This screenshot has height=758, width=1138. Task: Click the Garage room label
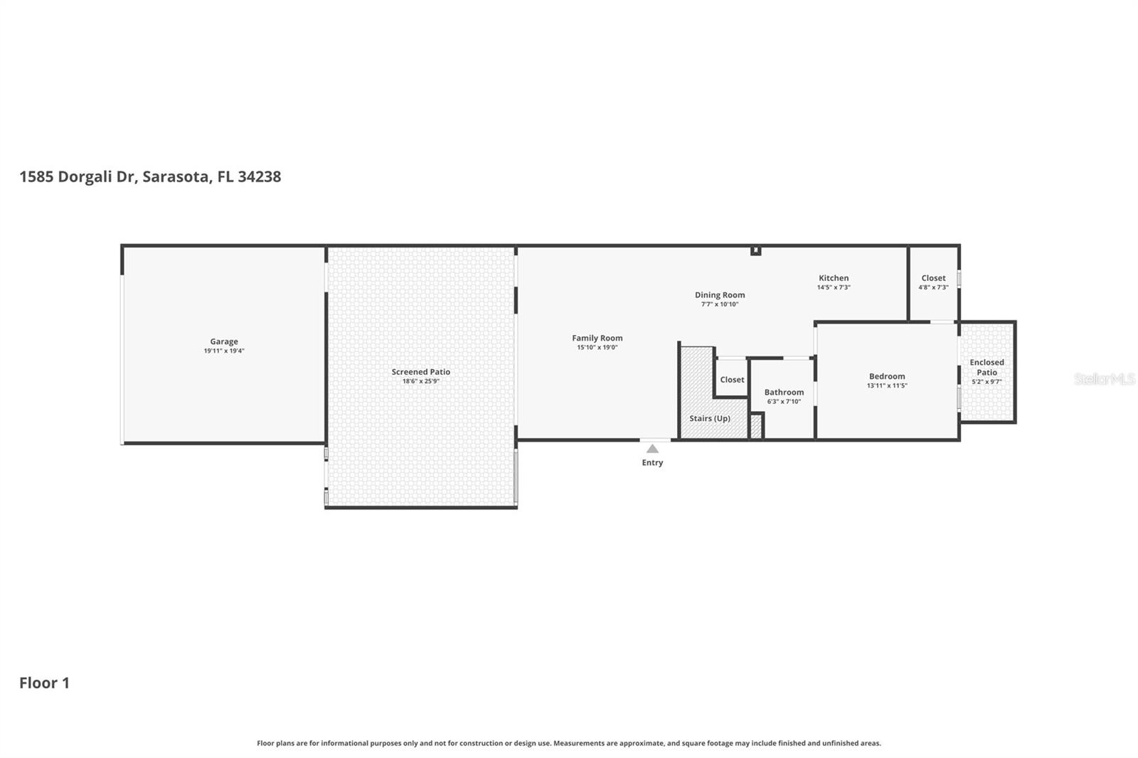tap(224, 341)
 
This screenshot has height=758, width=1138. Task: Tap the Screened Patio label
tap(420, 372)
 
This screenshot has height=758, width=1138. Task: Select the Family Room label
tap(597, 338)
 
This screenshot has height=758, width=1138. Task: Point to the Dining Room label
tap(720, 295)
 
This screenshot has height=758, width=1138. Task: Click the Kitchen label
tap(834, 278)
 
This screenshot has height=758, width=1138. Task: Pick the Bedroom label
tap(887, 376)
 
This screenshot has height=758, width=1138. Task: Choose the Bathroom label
tap(784, 393)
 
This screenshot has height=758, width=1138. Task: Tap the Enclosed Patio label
tap(987, 367)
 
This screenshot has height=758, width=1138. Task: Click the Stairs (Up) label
tap(709, 418)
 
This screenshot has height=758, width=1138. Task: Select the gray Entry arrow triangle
tap(652, 449)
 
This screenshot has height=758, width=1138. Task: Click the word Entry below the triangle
tap(652, 463)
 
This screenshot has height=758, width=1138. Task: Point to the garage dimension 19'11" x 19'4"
tap(224, 351)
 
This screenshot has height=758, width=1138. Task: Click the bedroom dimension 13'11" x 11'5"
tap(887, 386)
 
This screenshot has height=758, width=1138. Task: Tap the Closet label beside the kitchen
tap(933, 278)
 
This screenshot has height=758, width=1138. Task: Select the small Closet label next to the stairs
tap(732, 380)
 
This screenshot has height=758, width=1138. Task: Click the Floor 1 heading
tap(44, 683)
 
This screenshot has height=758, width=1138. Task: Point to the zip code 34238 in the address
tap(259, 176)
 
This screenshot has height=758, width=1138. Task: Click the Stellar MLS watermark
tap(1104, 379)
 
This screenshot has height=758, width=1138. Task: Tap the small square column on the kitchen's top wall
tap(755, 250)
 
